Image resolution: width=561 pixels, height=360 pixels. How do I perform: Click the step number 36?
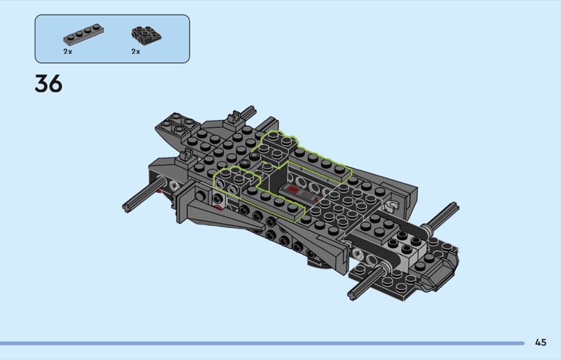(48, 84)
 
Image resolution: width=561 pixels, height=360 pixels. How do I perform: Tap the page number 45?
(541, 342)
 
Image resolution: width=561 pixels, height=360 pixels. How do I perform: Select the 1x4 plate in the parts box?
(83, 34)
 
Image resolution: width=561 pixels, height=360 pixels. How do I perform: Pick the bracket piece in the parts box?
(146, 36)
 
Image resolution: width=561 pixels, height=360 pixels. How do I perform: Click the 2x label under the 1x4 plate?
(67, 52)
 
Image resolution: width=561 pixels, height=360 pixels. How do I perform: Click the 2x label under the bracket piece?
(135, 52)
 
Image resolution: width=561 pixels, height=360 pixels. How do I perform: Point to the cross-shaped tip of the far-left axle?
(127, 208)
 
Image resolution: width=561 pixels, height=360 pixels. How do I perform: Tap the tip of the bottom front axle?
(352, 295)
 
